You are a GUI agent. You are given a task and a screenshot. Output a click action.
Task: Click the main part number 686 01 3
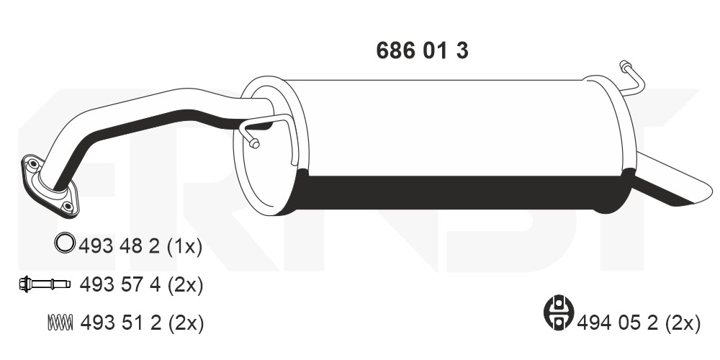pyautogui.click(x=422, y=50)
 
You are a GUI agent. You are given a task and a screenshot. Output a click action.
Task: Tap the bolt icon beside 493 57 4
pyautogui.click(x=45, y=284)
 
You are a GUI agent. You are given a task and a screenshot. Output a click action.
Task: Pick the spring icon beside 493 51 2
pyautogui.click(x=60, y=323)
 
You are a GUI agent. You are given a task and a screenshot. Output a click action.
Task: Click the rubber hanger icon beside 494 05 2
pyautogui.click(x=559, y=312)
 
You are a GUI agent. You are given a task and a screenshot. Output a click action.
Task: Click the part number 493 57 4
pyautogui.click(x=120, y=285)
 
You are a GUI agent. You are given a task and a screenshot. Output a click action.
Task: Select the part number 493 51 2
pyautogui.click(x=121, y=323)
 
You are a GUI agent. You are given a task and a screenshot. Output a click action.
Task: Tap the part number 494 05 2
pyautogui.click(x=618, y=323)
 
